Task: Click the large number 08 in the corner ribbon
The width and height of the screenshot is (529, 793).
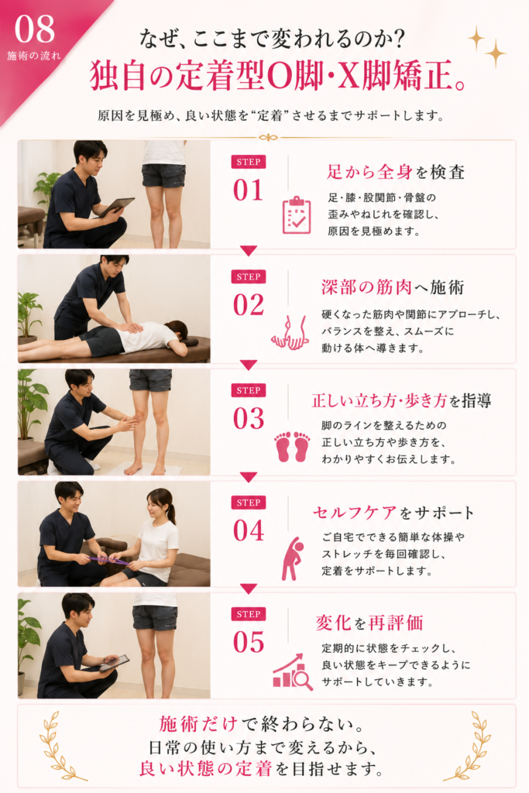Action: [34, 29]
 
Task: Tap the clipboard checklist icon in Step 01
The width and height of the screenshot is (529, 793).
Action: [297, 215]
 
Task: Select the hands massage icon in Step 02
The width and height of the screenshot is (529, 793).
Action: [290, 332]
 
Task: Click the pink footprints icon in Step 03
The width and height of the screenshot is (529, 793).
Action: [292, 445]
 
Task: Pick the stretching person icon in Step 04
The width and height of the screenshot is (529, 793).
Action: [293, 558]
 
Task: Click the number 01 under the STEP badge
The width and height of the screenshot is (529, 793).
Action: [249, 191]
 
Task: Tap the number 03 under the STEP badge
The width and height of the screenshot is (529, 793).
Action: [249, 419]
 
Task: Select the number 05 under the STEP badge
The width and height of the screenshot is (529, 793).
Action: [249, 642]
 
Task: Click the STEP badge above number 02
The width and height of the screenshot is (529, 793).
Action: [249, 276]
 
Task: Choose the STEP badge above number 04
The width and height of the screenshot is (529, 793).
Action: [249, 502]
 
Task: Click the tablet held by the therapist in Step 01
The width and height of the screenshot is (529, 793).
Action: [116, 206]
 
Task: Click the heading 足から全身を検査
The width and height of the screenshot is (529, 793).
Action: [396, 172]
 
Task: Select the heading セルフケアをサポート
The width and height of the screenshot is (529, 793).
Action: [393, 513]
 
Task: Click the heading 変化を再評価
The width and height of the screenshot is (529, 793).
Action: [369, 623]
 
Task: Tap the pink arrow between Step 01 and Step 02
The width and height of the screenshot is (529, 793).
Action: [249, 250]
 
